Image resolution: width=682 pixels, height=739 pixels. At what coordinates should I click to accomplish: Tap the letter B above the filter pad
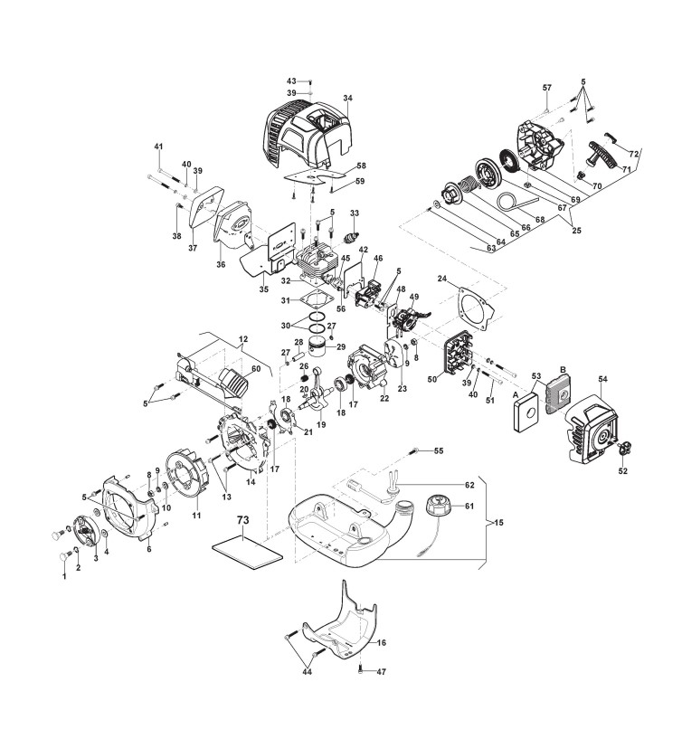point(563,369)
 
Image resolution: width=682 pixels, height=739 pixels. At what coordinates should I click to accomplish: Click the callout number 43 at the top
point(291,81)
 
